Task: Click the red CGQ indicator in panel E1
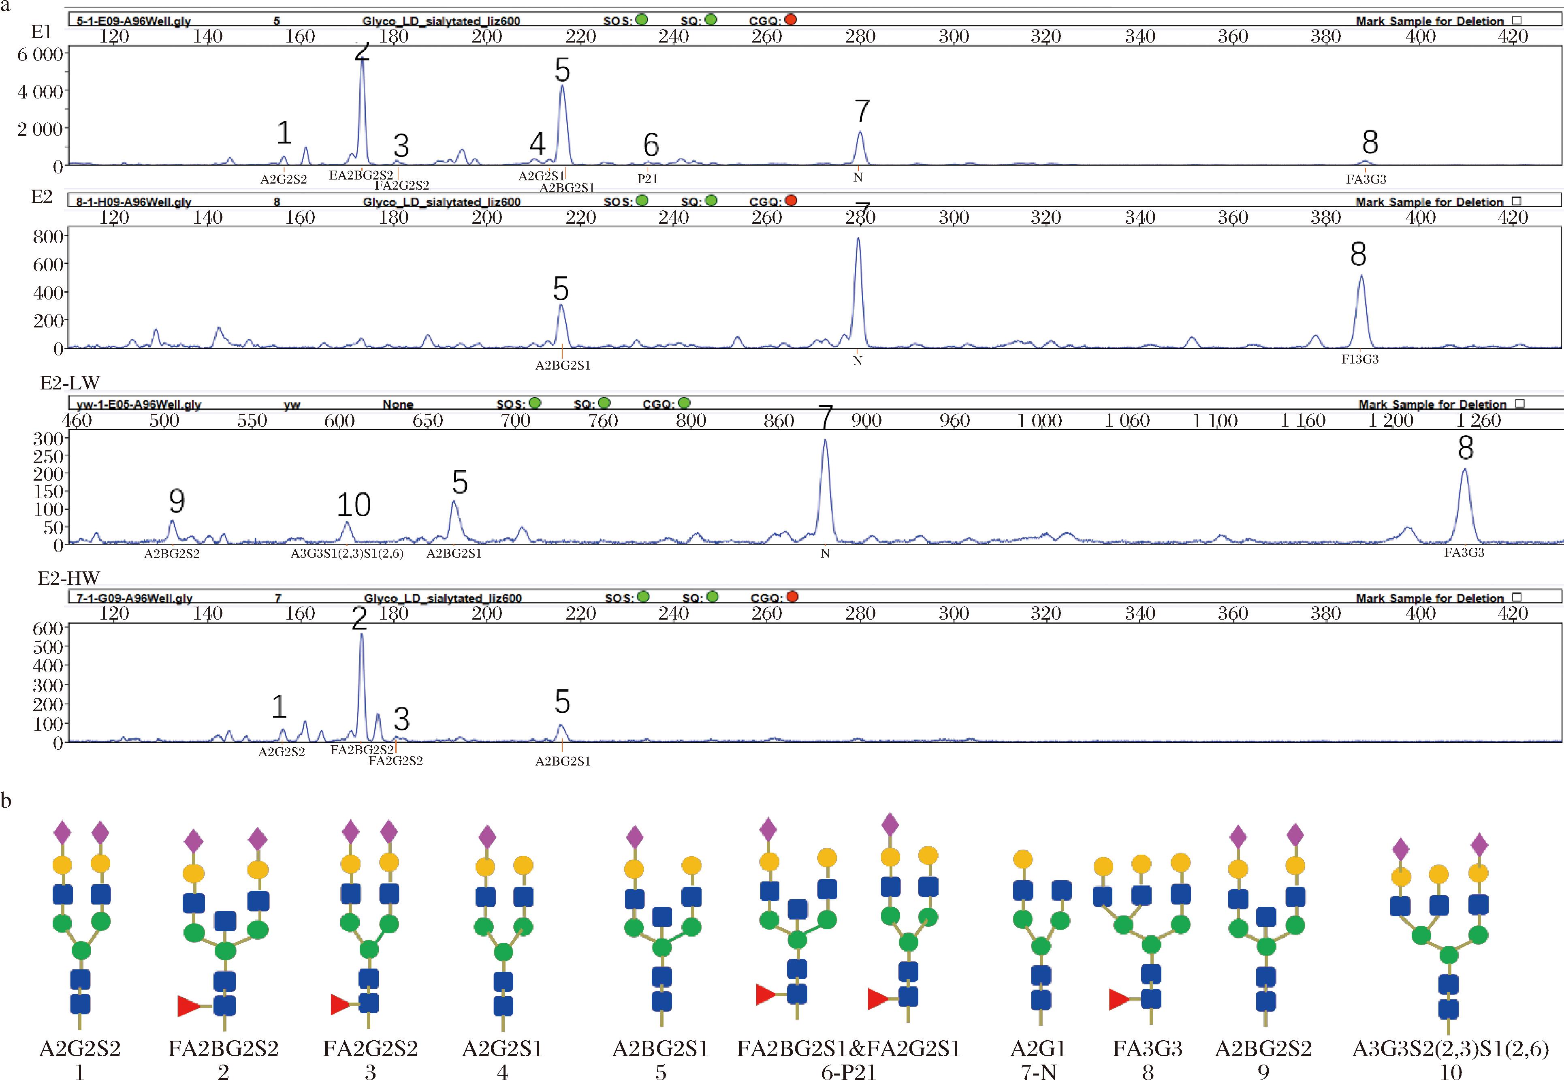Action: pos(790,19)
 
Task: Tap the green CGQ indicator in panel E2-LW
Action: pos(684,403)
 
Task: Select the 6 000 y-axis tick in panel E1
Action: pos(40,54)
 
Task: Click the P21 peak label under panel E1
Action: pos(647,179)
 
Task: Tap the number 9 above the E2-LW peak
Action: pos(177,501)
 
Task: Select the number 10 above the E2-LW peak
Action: pos(353,505)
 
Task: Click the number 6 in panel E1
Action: pos(651,145)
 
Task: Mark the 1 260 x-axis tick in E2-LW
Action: pos(1479,421)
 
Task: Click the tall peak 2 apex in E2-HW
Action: pos(361,635)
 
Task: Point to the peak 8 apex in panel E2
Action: pos(1361,276)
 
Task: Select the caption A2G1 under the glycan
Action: pos(1038,1048)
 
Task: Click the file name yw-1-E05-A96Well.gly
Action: pos(139,405)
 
